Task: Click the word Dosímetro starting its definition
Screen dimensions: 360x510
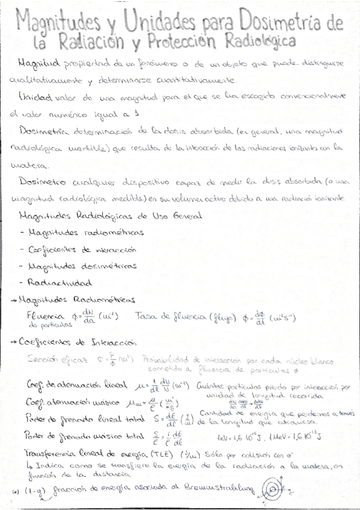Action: tap(38, 181)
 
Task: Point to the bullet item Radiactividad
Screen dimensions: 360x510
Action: tap(65, 282)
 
